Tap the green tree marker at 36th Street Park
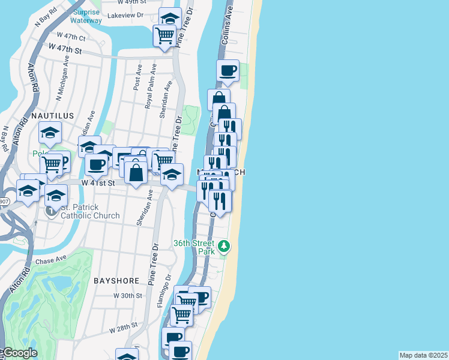[224, 246]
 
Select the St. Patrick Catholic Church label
[90, 211]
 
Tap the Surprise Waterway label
[86, 16]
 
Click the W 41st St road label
[98, 182]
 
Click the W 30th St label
[128, 296]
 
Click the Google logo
[19, 353]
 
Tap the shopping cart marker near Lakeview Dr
[164, 34]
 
